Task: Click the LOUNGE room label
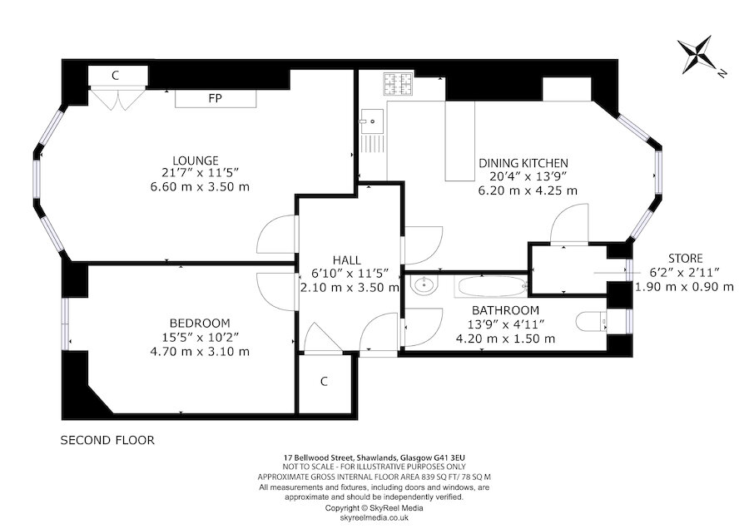(196, 161)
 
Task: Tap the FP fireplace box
(216, 98)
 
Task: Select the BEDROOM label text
(200, 324)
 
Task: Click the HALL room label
(347, 260)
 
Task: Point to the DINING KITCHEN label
(523, 163)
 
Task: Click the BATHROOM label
(505, 310)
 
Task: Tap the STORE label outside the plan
(686, 259)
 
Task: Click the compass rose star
(697, 54)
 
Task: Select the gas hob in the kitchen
(398, 84)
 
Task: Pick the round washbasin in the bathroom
(424, 285)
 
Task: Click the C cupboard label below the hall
(325, 382)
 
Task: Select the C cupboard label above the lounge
(115, 76)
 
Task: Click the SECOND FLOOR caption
(107, 440)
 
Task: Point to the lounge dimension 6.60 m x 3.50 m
(200, 186)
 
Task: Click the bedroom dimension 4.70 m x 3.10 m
(200, 352)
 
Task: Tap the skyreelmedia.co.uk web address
(374, 517)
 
